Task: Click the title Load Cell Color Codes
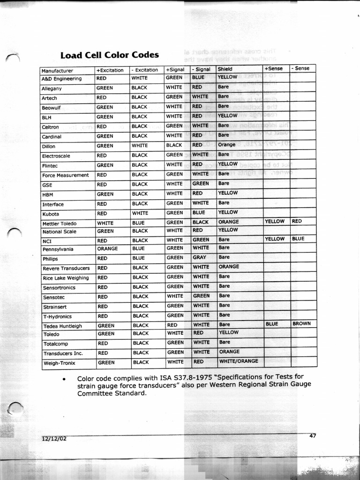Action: [109, 55]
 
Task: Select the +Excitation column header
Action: [110, 70]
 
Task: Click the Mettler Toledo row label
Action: [59, 224]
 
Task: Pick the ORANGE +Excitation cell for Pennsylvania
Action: [107, 248]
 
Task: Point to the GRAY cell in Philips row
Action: [199, 257]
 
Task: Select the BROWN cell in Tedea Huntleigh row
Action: [301, 323]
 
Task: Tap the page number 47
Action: [313, 435]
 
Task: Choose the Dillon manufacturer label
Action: [49, 146]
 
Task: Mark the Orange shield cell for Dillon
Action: [227, 145]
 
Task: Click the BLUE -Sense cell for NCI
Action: [298, 239]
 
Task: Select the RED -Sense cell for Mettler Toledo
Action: [297, 221]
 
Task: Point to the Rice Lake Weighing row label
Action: [66, 278]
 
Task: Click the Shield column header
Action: [225, 69]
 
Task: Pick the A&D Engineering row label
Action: [61, 79]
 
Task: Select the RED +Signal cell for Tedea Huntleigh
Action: [172, 325]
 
